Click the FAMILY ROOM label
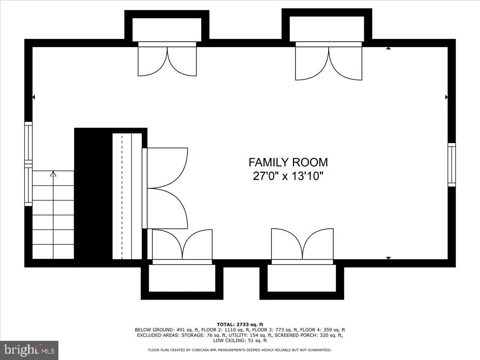[x=288, y=162]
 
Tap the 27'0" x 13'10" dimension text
[x=288, y=176]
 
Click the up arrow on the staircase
[x=53, y=174]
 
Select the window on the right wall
[x=451, y=164]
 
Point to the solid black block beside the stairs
[x=93, y=196]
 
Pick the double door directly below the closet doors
[x=182, y=246]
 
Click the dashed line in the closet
[x=122, y=196]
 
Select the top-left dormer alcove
[x=167, y=29]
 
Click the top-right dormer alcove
[x=327, y=28]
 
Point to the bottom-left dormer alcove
[x=182, y=278]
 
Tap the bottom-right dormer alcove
[x=302, y=278]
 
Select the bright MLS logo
[x=29, y=350]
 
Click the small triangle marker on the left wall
[x=34, y=97]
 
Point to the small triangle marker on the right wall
[x=446, y=97]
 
